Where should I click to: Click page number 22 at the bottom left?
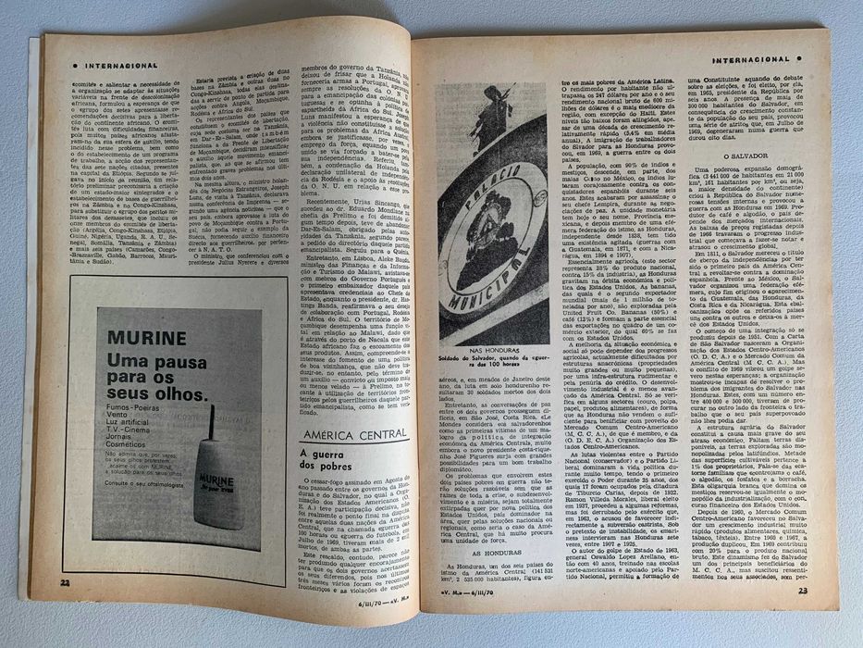pyautogui.click(x=65, y=582)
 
